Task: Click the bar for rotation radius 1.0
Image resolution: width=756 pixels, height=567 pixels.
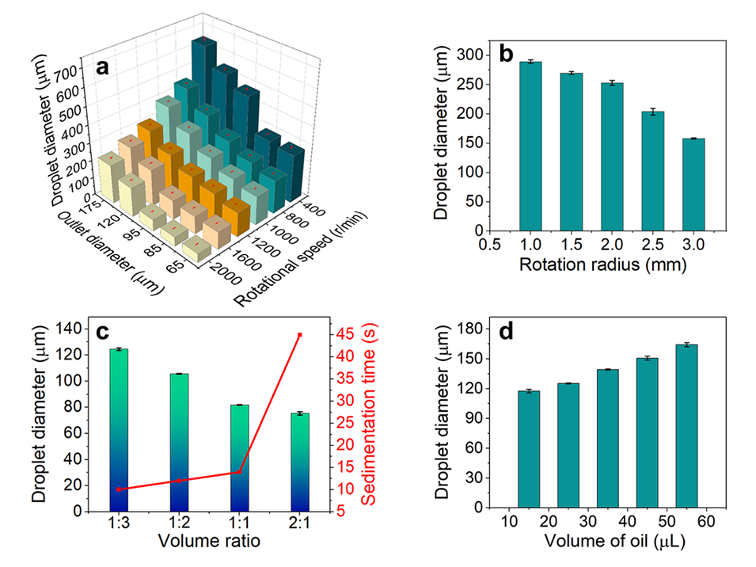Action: (x=530, y=147)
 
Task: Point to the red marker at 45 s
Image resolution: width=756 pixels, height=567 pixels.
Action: (x=299, y=335)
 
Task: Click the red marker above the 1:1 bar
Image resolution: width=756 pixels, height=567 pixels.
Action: (x=239, y=472)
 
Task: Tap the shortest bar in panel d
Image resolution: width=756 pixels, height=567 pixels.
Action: (x=529, y=448)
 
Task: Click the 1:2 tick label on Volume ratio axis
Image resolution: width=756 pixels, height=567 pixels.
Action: (x=179, y=525)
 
